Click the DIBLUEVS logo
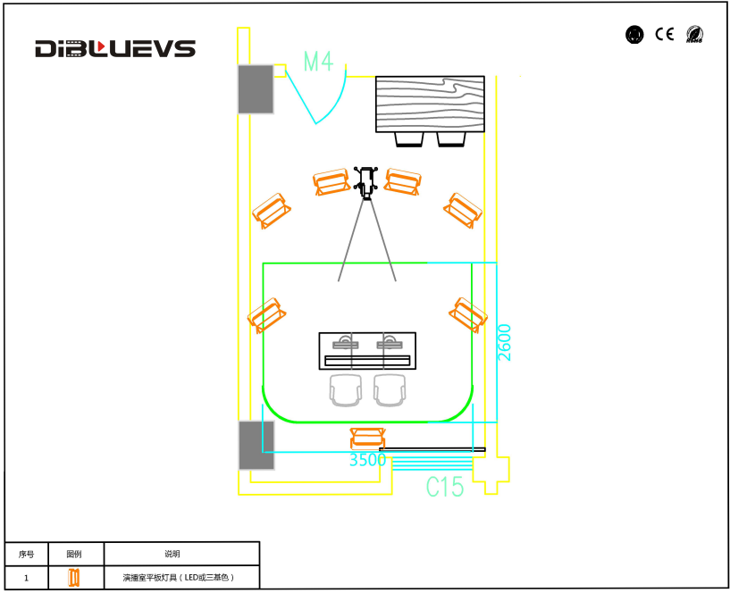tap(114, 49)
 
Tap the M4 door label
tap(318, 62)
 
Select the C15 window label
tap(444, 487)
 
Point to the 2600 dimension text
tap(505, 342)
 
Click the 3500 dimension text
tap(367, 461)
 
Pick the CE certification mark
tap(664, 35)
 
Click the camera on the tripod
tap(366, 181)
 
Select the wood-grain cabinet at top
tap(430, 104)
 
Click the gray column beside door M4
tap(256, 89)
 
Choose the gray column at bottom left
tap(256, 445)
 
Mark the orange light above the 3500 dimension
tap(367, 438)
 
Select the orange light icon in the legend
tap(75, 578)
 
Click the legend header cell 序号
tap(26, 554)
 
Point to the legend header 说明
tap(172, 554)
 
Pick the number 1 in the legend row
tap(26, 578)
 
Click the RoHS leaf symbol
tap(694, 35)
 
